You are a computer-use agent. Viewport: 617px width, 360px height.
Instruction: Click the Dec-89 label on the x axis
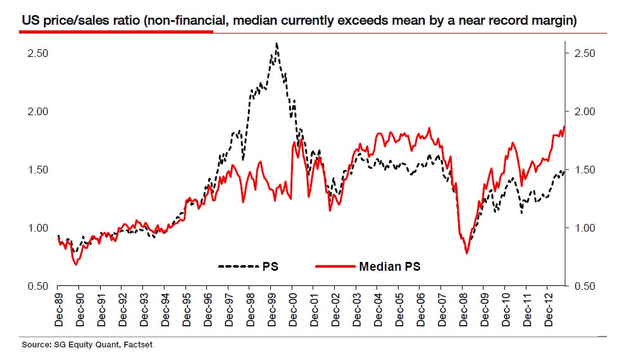(x=58, y=309)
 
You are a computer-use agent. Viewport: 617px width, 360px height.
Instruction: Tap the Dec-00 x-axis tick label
(x=292, y=309)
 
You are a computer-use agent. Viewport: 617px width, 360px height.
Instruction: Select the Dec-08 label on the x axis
(x=463, y=309)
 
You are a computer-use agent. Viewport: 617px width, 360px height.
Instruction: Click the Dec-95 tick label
(x=186, y=309)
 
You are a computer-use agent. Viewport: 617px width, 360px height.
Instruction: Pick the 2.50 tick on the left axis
(x=38, y=53)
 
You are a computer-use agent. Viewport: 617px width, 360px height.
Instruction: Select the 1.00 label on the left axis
(x=38, y=228)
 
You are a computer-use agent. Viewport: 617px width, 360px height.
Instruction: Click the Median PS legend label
(x=389, y=267)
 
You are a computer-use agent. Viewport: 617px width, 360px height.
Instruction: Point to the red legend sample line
(x=333, y=267)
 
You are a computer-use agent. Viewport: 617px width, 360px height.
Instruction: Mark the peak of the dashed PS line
(x=277, y=44)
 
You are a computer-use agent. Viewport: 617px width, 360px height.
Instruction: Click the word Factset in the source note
(x=138, y=345)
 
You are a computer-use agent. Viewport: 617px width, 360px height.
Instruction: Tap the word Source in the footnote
(x=35, y=345)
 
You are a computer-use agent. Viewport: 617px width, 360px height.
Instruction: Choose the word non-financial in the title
(x=187, y=21)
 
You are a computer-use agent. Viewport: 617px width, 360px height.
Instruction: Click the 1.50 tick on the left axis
(x=38, y=170)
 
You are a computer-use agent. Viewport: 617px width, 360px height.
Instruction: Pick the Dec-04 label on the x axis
(x=378, y=309)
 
